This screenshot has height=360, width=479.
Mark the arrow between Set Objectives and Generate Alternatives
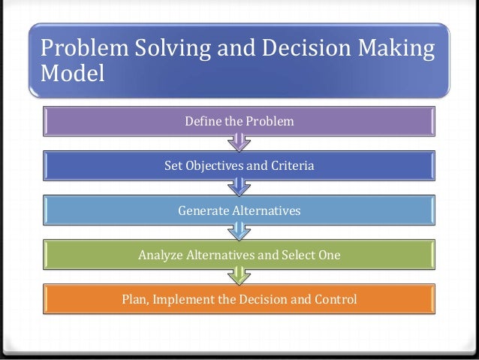tap(239, 186)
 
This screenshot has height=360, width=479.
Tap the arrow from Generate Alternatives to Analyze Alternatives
tap(239, 231)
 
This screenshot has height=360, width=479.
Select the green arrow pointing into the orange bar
tap(239, 276)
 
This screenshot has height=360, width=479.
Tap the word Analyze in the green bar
tap(161, 256)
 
